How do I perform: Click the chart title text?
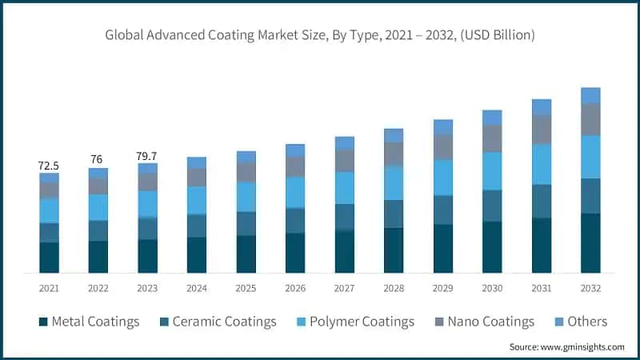[320, 35]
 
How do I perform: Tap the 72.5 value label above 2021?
[49, 166]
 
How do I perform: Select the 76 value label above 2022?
[98, 159]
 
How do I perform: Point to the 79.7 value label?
[147, 155]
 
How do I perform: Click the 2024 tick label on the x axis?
[197, 288]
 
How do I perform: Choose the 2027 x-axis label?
[344, 288]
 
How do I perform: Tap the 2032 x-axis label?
[590, 288]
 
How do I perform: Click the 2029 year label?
[442, 288]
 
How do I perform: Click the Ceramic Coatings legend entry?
[218, 322]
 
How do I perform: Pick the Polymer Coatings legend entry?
[355, 322]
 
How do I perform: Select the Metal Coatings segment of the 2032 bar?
[590, 243]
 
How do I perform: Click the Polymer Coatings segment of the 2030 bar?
[492, 170]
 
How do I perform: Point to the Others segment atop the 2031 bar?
[542, 107]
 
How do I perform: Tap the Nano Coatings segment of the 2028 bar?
[394, 154]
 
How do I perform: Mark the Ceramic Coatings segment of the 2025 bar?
[246, 223]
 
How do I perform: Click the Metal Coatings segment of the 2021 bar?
[49, 258]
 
